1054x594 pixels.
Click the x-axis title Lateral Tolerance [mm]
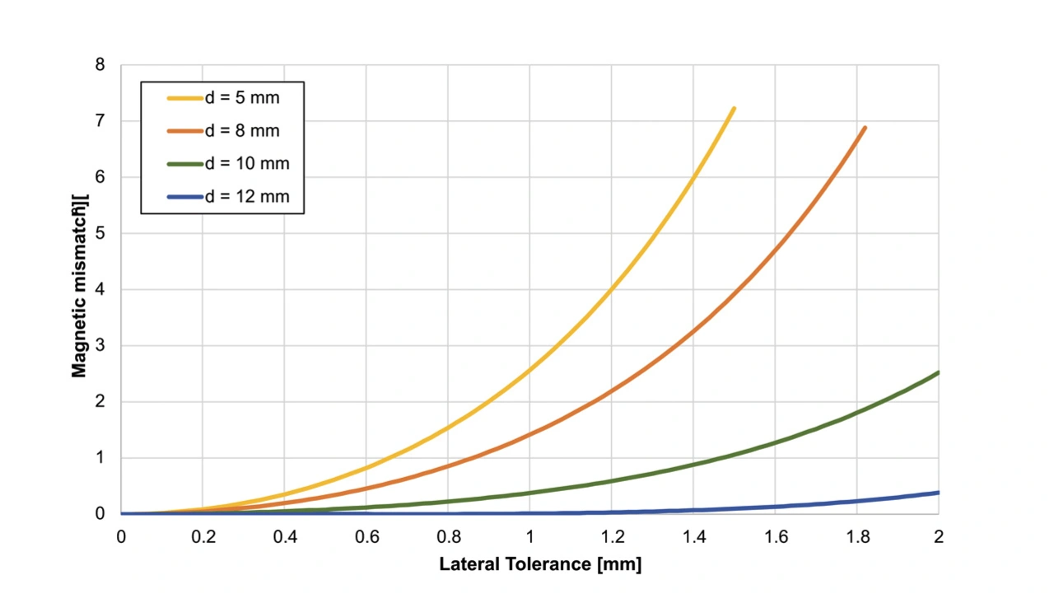pyautogui.click(x=539, y=565)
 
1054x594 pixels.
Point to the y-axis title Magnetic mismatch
pyautogui.click(x=79, y=286)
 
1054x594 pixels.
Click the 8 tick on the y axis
pyautogui.click(x=100, y=65)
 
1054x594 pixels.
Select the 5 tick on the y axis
pyautogui.click(x=100, y=233)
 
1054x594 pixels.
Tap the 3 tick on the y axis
pyautogui.click(x=100, y=346)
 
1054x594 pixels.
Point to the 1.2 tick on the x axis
pyautogui.click(x=611, y=537)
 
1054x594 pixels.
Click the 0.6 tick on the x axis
pyautogui.click(x=366, y=537)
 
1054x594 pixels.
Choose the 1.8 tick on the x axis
pyautogui.click(x=856, y=537)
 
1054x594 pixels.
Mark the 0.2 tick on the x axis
pyautogui.click(x=203, y=537)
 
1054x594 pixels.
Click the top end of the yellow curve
pyautogui.click(x=733, y=109)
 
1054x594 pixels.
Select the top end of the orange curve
pyautogui.click(x=865, y=128)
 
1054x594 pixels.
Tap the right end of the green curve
pyautogui.click(x=938, y=373)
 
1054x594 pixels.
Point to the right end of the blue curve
pyautogui.click(x=938, y=493)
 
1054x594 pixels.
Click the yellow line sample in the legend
pyautogui.click(x=184, y=98)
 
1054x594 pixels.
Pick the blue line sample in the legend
pyautogui.click(x=184, y=197)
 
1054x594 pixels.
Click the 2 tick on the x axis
pyautogui.click(x=938, y=537)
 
